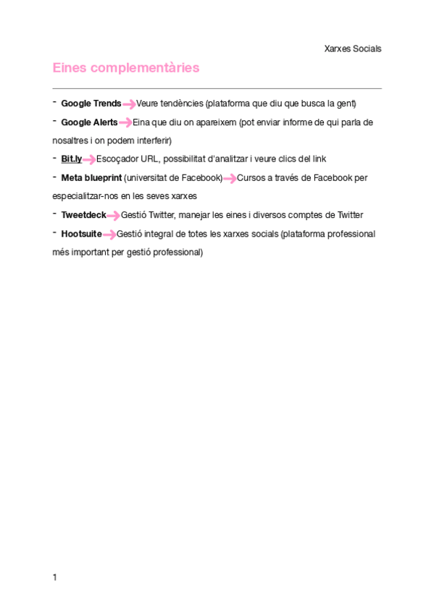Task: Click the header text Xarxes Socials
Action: click(x=353, y=49)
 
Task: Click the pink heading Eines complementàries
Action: click(x=125, y=68)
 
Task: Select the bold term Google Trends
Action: click(x=91, y=104)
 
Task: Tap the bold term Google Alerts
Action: click(x=89, y=122)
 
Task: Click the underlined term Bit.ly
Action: click(x=72, y=159)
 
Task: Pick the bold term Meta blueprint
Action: click(x=91, y=177)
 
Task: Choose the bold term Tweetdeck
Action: click(x=83, y=215)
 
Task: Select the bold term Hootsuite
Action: click(x=81, y=234)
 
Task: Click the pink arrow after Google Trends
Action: click(x=129, y=104)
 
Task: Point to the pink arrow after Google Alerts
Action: click(x=125, y=123)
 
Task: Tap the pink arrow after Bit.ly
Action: click(x=89, y=159)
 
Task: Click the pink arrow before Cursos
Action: click(x=230, y=178)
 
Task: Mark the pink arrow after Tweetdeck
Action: click(x=114, y=216)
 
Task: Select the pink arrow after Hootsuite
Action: click(x=109, y=235)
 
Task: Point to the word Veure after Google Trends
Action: click(x=148, y=104)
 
